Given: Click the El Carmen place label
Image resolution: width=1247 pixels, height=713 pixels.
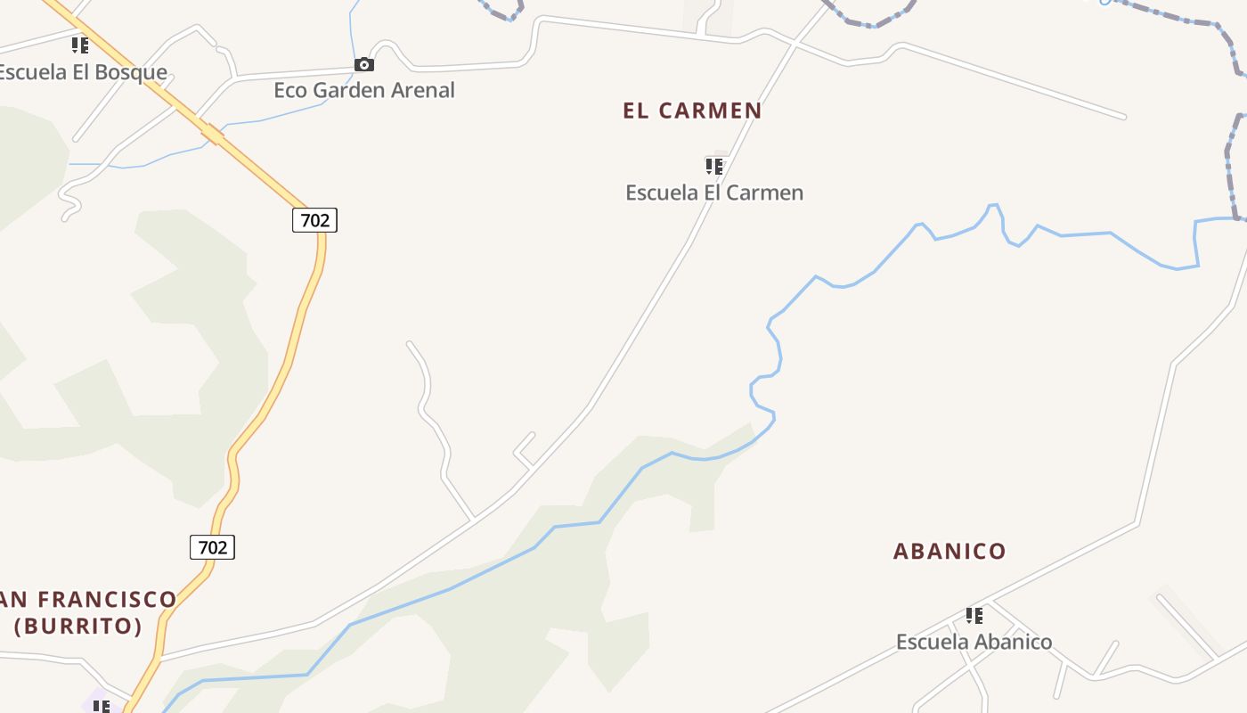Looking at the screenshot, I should [x=692, y=111].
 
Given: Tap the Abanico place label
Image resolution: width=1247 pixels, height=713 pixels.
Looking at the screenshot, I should [x=950, y=551].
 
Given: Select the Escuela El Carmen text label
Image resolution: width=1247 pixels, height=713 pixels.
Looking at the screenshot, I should [x=714, y=193].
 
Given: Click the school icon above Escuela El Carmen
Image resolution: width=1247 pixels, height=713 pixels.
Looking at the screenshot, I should [x=714, y=167].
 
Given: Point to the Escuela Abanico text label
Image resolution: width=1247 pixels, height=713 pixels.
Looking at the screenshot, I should [x=974, y=642].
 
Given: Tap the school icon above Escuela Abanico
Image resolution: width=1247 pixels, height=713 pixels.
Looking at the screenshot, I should [x=974, y=616].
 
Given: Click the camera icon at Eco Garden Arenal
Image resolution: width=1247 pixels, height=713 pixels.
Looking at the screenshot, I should [x=363, y=64].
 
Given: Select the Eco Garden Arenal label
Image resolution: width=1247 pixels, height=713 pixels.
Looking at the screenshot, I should [x=364, y=90].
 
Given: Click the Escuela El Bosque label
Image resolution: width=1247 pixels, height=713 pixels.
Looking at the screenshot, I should [x=82, y=72].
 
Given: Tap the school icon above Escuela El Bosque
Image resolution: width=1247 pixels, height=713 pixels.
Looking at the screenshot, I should [x=80, y=45].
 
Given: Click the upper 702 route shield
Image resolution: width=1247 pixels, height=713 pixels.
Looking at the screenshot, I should [x=314, y=220].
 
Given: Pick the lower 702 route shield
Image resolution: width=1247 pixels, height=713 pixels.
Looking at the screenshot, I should [x=212, y=547].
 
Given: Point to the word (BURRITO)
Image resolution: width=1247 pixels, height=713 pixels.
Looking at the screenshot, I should [x=78, y=626].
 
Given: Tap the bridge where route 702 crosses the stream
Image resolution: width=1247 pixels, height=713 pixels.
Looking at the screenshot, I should [x=211, y=135].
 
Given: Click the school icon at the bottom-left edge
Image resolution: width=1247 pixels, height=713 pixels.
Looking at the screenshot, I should [x=102, y=707].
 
